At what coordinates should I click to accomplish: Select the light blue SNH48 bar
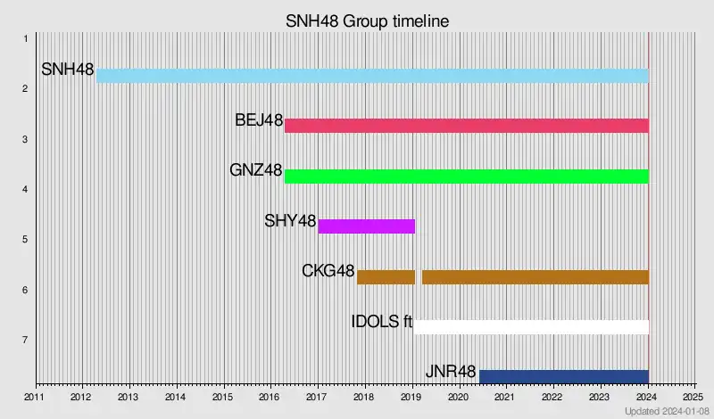point(372,76)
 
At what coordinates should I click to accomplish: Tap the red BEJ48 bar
point(466,126)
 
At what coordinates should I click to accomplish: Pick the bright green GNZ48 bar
point(466,176)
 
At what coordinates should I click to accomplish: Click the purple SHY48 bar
point(367,226)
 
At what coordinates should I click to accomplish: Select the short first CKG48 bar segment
point(386,276)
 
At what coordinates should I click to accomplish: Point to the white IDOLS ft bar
point(531,326)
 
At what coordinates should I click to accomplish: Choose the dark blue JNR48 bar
point(564,376)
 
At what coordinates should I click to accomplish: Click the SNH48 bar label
point(68,70)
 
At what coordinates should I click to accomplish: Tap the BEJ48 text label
point(259,120)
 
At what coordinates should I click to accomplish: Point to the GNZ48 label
point(256,170)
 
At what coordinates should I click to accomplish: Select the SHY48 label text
point(290,221)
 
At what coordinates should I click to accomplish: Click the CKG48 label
point(328,271)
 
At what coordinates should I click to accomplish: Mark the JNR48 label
point(451,371)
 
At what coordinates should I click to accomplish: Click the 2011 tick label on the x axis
point(34,397)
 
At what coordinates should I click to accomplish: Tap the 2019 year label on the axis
point(411,397)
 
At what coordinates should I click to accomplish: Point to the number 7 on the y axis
point(26,340)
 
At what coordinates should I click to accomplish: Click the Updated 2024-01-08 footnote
point(667,411)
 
